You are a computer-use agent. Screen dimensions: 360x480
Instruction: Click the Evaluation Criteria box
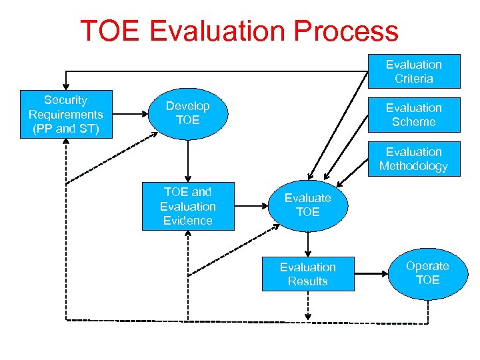click(x=413, y=71)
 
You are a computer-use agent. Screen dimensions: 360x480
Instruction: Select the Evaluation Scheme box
click(x=413, y=115)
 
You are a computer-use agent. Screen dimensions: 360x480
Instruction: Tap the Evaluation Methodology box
click(x=413, y=159)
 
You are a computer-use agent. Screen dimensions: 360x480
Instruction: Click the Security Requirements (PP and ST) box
click(x=65, y=114)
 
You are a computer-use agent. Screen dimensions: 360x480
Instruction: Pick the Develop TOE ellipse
click(x=188, y=113)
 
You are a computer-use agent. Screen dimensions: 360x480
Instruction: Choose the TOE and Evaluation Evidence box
click(x=188, y=206)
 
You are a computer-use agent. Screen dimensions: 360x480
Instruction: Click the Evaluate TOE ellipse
click(x=307, y=205)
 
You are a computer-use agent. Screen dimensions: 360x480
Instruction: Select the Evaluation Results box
click(x=307, y=274)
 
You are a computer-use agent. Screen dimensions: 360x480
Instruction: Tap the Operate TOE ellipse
click(x=427, y=273)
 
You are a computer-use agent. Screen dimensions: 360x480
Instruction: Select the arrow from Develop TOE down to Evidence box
click(x=188, y=160)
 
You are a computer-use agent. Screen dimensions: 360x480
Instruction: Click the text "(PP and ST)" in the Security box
click(x=65, y=129)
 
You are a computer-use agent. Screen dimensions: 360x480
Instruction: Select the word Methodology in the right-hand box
click(x=413, y=167)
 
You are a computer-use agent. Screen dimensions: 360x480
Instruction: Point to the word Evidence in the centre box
click(x=188, y=221)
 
